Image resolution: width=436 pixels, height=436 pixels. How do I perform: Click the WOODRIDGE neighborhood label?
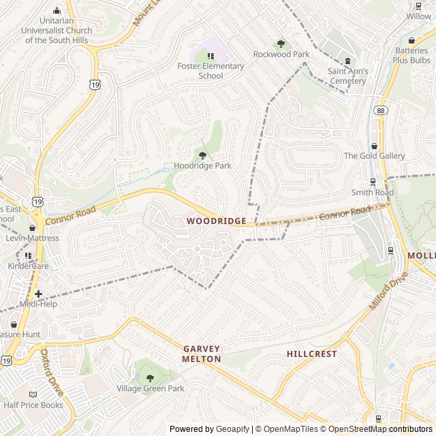[x=216, y=221]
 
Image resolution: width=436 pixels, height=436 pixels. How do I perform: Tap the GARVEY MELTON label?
[x=202, y=354]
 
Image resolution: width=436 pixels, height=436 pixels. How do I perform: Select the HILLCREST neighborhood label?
[x=311, y=354]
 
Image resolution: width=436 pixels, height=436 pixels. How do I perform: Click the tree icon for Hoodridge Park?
[x=202, y=155]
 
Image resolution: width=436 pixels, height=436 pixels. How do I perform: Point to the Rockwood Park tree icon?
[x=281, y=44]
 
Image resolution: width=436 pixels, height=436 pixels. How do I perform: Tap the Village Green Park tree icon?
[x=150, y=378]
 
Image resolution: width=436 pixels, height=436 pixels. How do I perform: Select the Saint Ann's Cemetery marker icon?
[x=347, y=61]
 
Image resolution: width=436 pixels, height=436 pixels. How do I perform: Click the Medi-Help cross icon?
[x=38, y=294]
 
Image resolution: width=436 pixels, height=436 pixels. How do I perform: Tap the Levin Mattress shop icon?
[x=32, y=228]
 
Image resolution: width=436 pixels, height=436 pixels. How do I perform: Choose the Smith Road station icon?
[x=373, y=182]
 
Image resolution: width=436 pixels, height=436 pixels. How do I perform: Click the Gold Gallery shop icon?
[x=374, y=145]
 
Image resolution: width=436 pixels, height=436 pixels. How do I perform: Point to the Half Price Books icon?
[x=33, y=394]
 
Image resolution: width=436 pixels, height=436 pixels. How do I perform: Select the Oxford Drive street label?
[x=52, y=373]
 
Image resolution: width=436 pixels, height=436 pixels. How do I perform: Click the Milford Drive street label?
[x=388, y=292]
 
